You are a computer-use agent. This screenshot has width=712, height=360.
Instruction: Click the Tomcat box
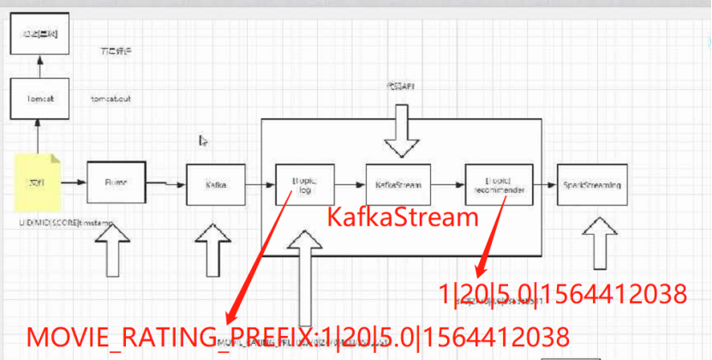coord(38,99)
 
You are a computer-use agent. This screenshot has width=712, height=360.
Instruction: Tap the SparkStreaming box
coord(592,183)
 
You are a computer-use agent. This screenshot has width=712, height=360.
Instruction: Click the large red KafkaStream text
coord(403,218)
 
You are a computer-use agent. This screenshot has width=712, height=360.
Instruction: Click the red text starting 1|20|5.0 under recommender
coord(563,295)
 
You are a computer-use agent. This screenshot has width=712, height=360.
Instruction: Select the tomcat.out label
coord(111,99)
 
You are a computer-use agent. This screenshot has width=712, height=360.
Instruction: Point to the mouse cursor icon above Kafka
coord(202,139)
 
